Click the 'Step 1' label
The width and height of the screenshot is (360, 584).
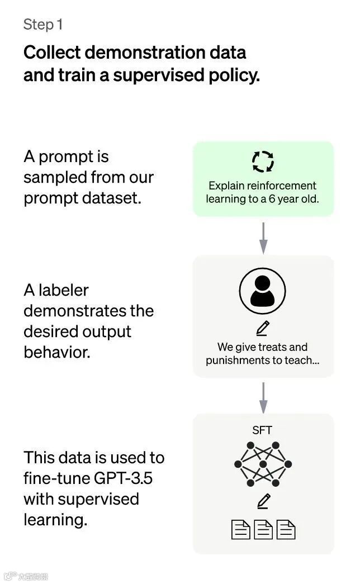pyautogui.click(x=43, y=25)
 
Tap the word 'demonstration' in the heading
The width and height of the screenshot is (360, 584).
pyautogui.click(x=149, y=53)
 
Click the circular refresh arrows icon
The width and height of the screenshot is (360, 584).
pyautogui.click(x=263, y=162)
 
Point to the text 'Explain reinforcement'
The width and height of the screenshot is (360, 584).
pyautogui.click(x=262, y=186)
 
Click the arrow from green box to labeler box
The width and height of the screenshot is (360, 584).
pyautogui.click(x=263, y=237)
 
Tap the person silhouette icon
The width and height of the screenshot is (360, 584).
pyautogui.click(x=262, y=291)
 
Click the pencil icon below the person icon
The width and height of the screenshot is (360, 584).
pyautogui.click(x=263, y=327)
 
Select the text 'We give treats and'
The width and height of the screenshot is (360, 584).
pyautogui.click(x=262, y=347)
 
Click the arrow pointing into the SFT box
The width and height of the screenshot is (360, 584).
pyautogui.click(x=263, y=397)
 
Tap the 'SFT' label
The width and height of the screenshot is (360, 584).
pyautogui.click(x=262, y=430)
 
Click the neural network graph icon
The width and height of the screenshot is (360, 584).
pyautogui.click(x=263, y=464)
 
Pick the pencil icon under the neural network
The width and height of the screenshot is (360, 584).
pyautogui.click(x=263, y=501)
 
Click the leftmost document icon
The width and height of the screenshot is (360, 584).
pyautogui.click(x=240, y=529)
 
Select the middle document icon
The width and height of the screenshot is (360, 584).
pyautogui.click(x=263, y=529)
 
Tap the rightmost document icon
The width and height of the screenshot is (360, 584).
pyautogui.click(x=285, y=529)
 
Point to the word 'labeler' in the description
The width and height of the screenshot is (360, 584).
pyautogui.click(x=64, y=291)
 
